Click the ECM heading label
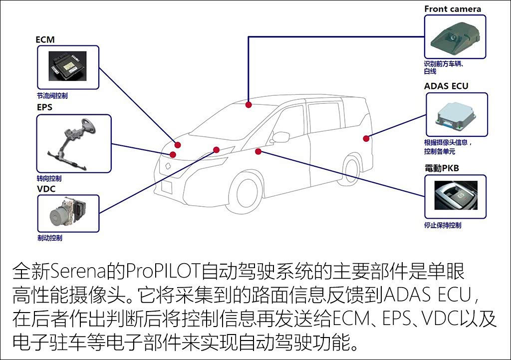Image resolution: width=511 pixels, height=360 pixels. pyautogui.click(x=45, y=39)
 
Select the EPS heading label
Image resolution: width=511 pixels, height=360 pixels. pyautogui.click(x=44, y=107)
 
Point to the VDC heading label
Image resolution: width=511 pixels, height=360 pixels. pyautogui.click(x=46, y=188)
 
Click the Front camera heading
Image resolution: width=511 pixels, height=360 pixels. pyautogui.click(x=453, y=9)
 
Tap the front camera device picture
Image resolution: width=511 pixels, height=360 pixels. pyautogui.click(x=454, y=36)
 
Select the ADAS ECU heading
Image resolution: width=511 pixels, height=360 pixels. pyautogui.click(x=446, y=86)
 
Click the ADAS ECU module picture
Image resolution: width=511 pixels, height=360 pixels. pyautogui.click(x=455, y=114)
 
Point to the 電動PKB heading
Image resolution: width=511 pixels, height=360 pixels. pyautogui.click(x=442, y=169)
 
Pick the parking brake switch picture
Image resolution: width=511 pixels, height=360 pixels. pyautogui.click(x=455, y=196)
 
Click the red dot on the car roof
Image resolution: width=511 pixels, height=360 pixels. pyautogui.click(x=248, y=105)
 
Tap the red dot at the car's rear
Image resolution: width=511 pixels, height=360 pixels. pyautogui.click(x=366, y=138)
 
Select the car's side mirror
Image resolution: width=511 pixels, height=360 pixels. pyautogui.click(x=280, y=137)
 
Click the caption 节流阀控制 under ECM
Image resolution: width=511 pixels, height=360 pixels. pyautogui.click(x=52, y=96)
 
